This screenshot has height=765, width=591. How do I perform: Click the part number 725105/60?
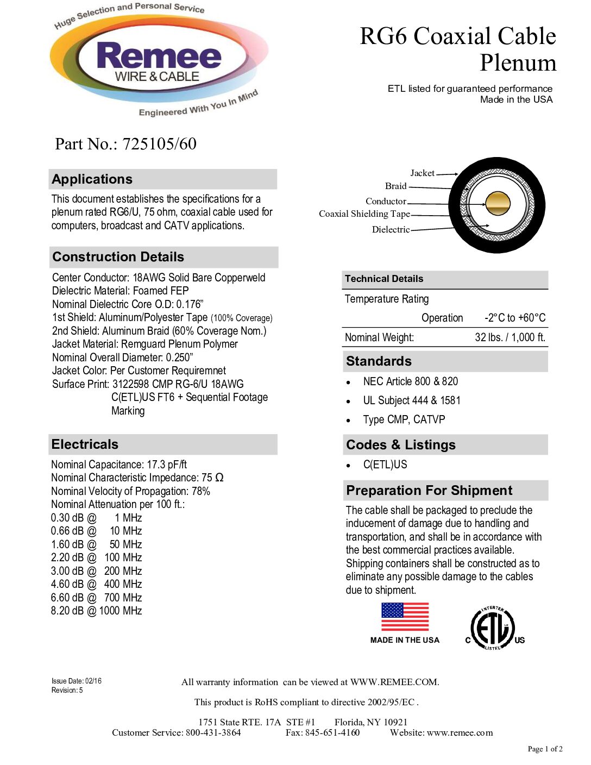pyautogui.click(x=159, y=144)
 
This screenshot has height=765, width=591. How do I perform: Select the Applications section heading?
pyautogui.click(x=92, y=179)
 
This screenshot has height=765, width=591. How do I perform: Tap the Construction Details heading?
pyautogui.click(x=118, y=257)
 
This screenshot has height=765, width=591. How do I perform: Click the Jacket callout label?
pyautogui.click(x=422, y=173)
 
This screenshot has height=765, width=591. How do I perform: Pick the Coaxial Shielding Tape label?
pyautogui.click(x=364, y=214)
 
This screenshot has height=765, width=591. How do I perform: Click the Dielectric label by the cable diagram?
pyautogui.click(x=391, y=229)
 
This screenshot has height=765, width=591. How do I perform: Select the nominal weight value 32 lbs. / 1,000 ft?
pyautogui.click(x=510, y=337)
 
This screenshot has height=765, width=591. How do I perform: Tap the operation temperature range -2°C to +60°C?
pyautogui.click(x=515, y=318)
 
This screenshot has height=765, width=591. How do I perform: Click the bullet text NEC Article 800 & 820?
pyautogui.click(x=410, y=381)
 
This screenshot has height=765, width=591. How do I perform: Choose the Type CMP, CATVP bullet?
pyautogui.click(x=404, y=419)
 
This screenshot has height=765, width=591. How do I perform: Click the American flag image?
pyautogui.click(x=405, y=617)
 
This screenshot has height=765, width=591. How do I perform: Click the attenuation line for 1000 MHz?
pyautogui.click(x=97, y=611)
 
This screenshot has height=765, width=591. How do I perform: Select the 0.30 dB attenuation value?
pyautogui.click(x=67, y=518)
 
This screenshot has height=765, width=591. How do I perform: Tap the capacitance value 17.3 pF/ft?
pyautogui.click(x=167, y=465)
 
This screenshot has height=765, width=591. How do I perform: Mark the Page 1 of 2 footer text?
pyautogui.click(x=545, y=749)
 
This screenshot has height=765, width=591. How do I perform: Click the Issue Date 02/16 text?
pyautogui.click(x=77, y=681)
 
